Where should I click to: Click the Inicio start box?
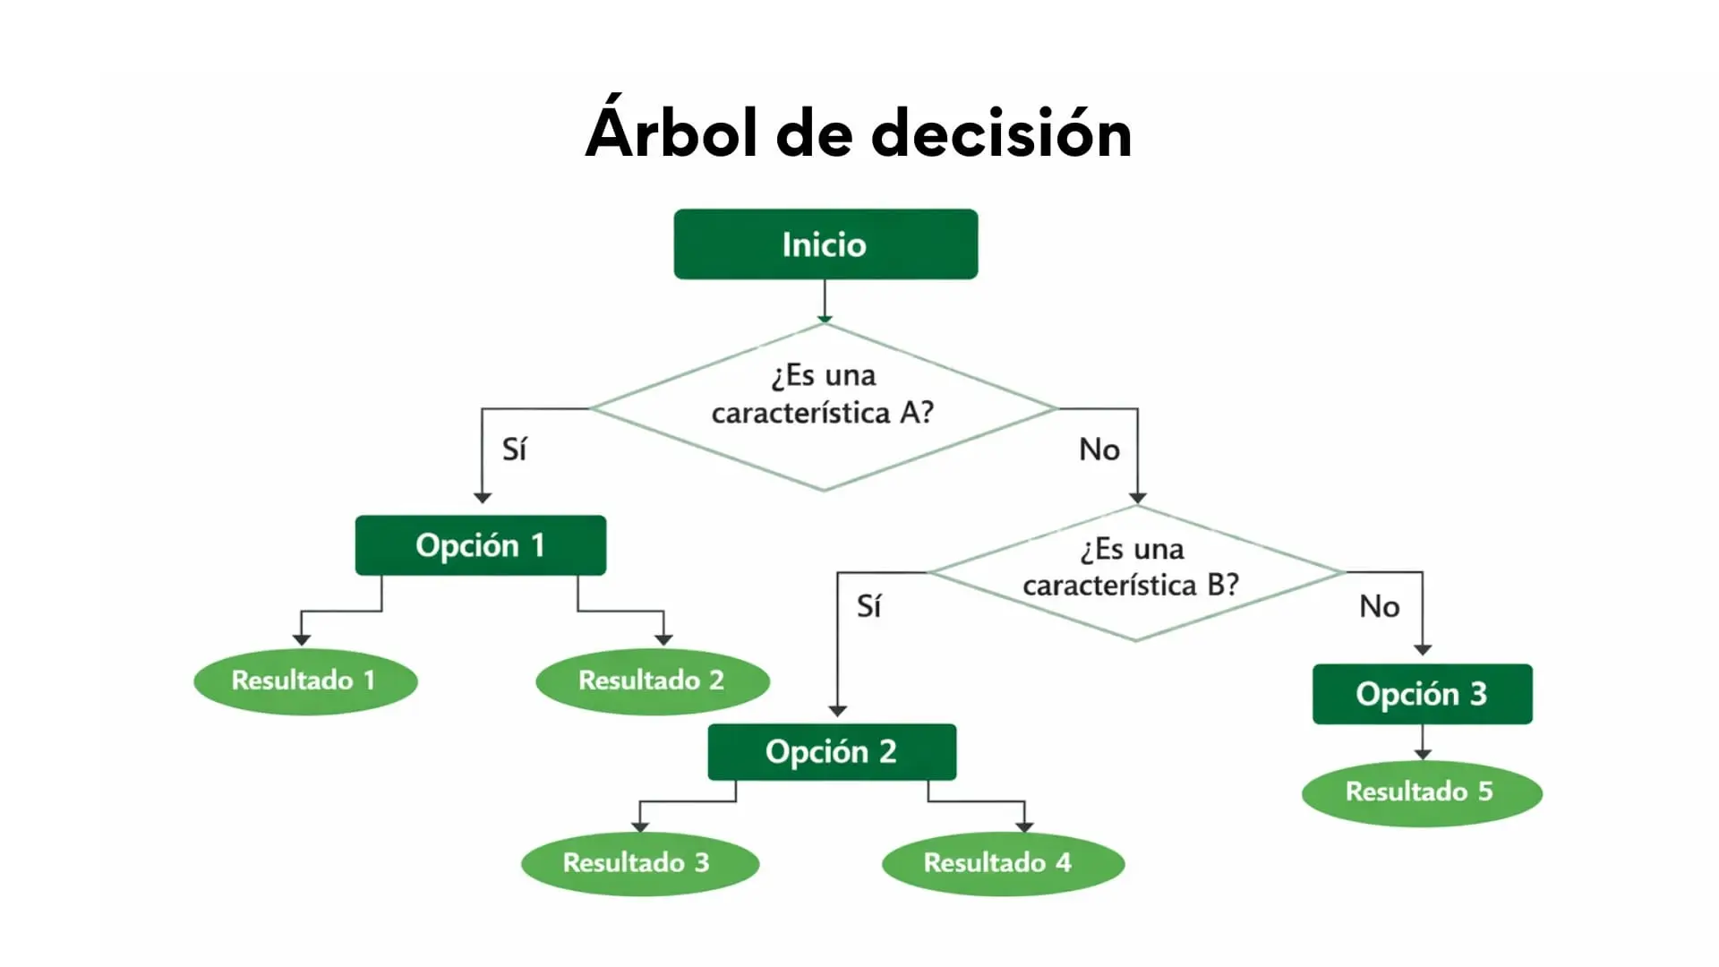[825, 244]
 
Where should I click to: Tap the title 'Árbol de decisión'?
[859, 133]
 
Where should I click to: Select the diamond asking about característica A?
[824, 407]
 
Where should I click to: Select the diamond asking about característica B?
[1135, 572]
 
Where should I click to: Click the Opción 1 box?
[480, 545]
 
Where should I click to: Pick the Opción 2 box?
[831, 752]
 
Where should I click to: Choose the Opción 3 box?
[1422, 694]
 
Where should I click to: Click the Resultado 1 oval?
[304, 680]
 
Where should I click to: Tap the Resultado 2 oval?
[652, 680]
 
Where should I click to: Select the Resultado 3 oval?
[638, 863]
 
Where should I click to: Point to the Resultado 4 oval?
[1002, 863]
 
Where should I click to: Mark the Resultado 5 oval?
[1421, 792]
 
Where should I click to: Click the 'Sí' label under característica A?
[514, 449]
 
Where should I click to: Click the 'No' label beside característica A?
[1099, 449]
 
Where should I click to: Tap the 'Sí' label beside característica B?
[868, 606]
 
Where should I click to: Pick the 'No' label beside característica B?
[1379, 606]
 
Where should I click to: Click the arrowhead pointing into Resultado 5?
[1423, 755]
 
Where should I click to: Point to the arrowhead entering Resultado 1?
[302, 639]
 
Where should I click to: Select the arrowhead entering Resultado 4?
[1025, 826]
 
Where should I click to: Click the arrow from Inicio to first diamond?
[825, 300]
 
